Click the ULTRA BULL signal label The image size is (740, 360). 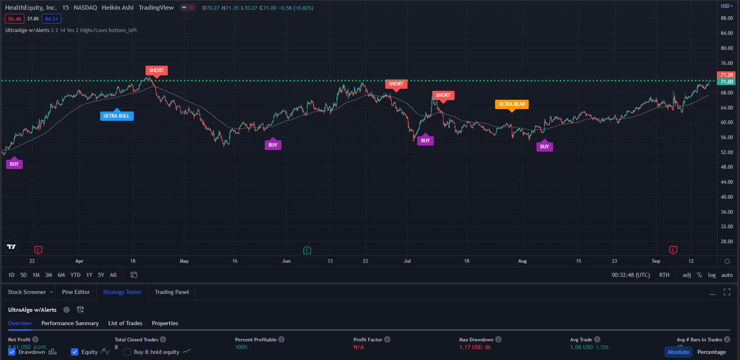click(117, 115)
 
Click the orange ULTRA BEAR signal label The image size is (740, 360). click(512, 104)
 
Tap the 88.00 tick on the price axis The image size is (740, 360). click(725, 18)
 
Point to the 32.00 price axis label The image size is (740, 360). click(725, 226)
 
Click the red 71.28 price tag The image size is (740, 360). click(726, 75)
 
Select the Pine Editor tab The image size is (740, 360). click(76, 292)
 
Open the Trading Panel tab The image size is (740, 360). click(172, 292)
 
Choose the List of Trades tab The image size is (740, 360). click(125, 323)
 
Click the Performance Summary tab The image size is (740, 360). click(70, 323)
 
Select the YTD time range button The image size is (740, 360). click(75, 275)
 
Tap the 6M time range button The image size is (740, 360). click(61, 275)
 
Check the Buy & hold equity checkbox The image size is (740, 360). click(128, 352)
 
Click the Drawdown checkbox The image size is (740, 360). click(12, 352)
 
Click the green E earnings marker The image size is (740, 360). click(307, 250)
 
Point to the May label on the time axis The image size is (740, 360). click(184, 261)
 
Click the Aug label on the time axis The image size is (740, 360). click(524, 261)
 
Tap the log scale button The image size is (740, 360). click(712, 275)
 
